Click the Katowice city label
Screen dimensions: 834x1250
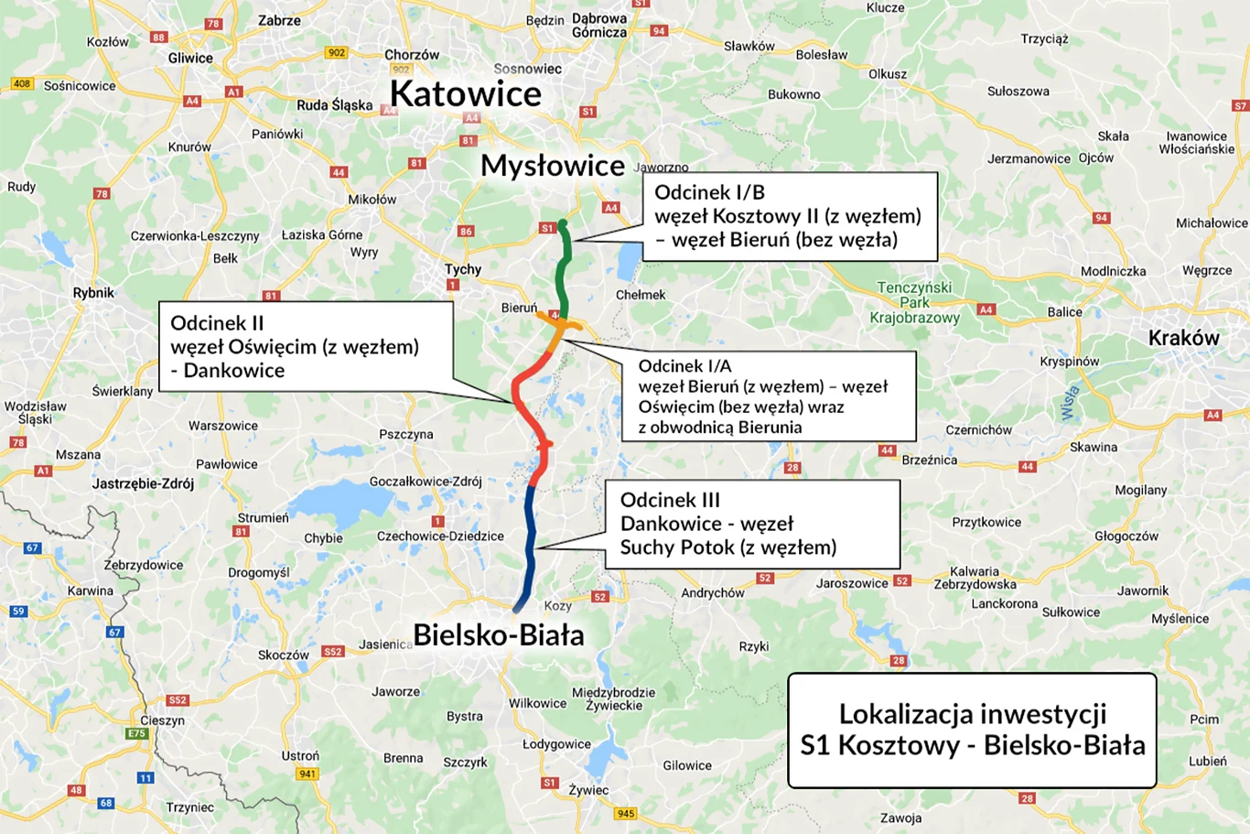(x=465, y=94)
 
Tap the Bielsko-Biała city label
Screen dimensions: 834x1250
(x=499, y=634)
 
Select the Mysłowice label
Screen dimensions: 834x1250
(x=553, y=166)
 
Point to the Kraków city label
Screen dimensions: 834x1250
(x=1183, y=338)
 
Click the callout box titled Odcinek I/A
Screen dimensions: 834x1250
(x=768, y=396)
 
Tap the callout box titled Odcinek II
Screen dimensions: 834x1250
(x=306, y=347)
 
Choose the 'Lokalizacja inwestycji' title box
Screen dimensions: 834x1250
(x=972, y=730)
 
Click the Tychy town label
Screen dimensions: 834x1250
(x=463, y=269)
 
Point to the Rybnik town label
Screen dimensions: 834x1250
(x=93, y=293)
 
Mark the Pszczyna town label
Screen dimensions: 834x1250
(x=405, y=434)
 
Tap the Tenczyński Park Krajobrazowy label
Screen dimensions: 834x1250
(x=914, y=302)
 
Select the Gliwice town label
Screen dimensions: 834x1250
(x=190, y=58)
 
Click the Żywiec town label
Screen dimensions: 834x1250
(x=587, y=790)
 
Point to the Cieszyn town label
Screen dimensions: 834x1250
(x=162, y=720)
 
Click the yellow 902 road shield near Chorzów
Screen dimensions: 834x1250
(x=336, y=53)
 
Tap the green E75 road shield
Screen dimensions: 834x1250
(x=137, y=733)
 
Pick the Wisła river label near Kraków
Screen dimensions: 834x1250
(x=1068, y=403)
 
